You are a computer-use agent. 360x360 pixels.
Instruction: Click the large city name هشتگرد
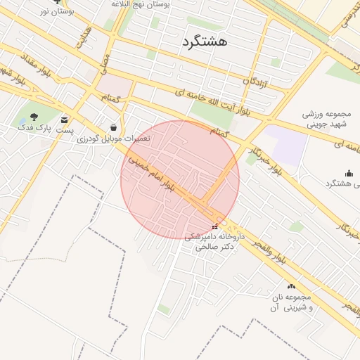pos(204,41)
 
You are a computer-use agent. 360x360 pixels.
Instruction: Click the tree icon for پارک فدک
pos(34,116)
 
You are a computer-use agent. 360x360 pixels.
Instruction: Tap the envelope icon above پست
pos(65,120)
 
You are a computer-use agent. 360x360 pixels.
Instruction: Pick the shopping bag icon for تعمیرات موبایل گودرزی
pos(113,127)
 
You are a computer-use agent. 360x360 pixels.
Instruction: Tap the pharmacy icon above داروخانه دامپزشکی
pos(214,226)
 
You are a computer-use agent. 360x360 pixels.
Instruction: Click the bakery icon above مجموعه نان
pos(292,286)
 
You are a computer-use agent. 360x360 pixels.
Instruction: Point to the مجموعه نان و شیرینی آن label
pos(292,303)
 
